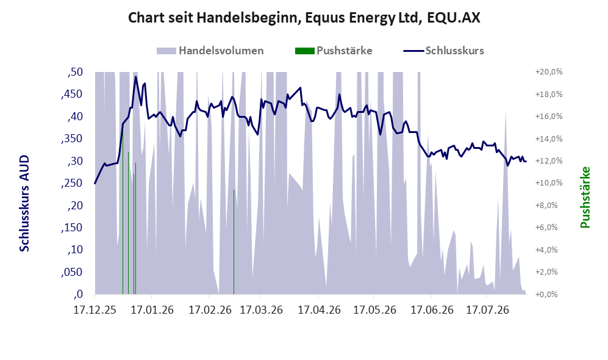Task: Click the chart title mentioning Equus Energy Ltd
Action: [304, 18]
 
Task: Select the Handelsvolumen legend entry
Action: [210, 51]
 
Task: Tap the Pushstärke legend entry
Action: [334, 51]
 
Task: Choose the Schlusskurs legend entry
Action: [443, 51]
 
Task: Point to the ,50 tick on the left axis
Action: [75, 72]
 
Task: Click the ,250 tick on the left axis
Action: [72, 182]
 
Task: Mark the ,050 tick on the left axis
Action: [72, 272]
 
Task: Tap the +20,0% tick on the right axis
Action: [549, 72]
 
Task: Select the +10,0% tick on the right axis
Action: [549, 182]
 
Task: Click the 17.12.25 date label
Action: [95, 310]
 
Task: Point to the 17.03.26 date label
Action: [261, 310]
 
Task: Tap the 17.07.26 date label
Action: [487, 310]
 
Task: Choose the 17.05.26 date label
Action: [374, 310]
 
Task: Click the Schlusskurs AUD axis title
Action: [24, 203]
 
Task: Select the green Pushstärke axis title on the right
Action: [585, 198]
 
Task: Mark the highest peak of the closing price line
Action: [135, 76]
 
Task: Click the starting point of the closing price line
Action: [95, 184]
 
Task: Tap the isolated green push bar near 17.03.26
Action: [234, 242]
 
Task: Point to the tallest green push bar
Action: [123, 212]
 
